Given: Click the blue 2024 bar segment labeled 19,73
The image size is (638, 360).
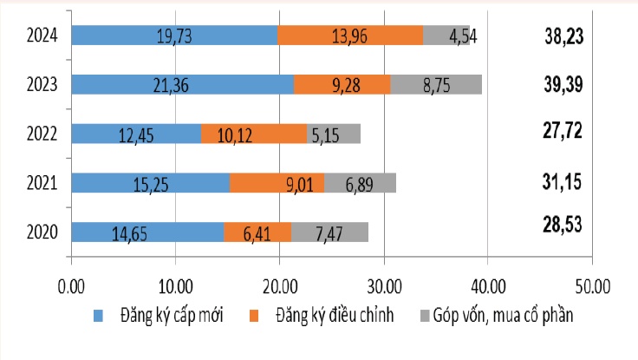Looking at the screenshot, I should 173,35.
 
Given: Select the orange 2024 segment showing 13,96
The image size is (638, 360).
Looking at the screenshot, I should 350,35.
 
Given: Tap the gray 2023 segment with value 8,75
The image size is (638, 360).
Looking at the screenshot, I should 436,84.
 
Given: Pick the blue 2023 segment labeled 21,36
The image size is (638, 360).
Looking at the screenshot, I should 182,84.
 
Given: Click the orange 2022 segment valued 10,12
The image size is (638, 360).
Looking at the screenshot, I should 254,134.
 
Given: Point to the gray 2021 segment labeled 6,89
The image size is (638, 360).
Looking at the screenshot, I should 360,183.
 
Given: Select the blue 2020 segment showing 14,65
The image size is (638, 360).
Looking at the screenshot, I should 147,232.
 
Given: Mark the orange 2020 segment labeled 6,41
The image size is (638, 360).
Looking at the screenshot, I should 257,232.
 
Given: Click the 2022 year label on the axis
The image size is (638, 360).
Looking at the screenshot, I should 42,134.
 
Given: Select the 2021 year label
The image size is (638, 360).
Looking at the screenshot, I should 42,183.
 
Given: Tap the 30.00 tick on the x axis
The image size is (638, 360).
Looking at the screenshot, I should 383,284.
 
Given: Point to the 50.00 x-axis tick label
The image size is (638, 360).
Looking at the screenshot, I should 591,284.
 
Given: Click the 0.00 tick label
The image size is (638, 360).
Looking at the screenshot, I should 71,284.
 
